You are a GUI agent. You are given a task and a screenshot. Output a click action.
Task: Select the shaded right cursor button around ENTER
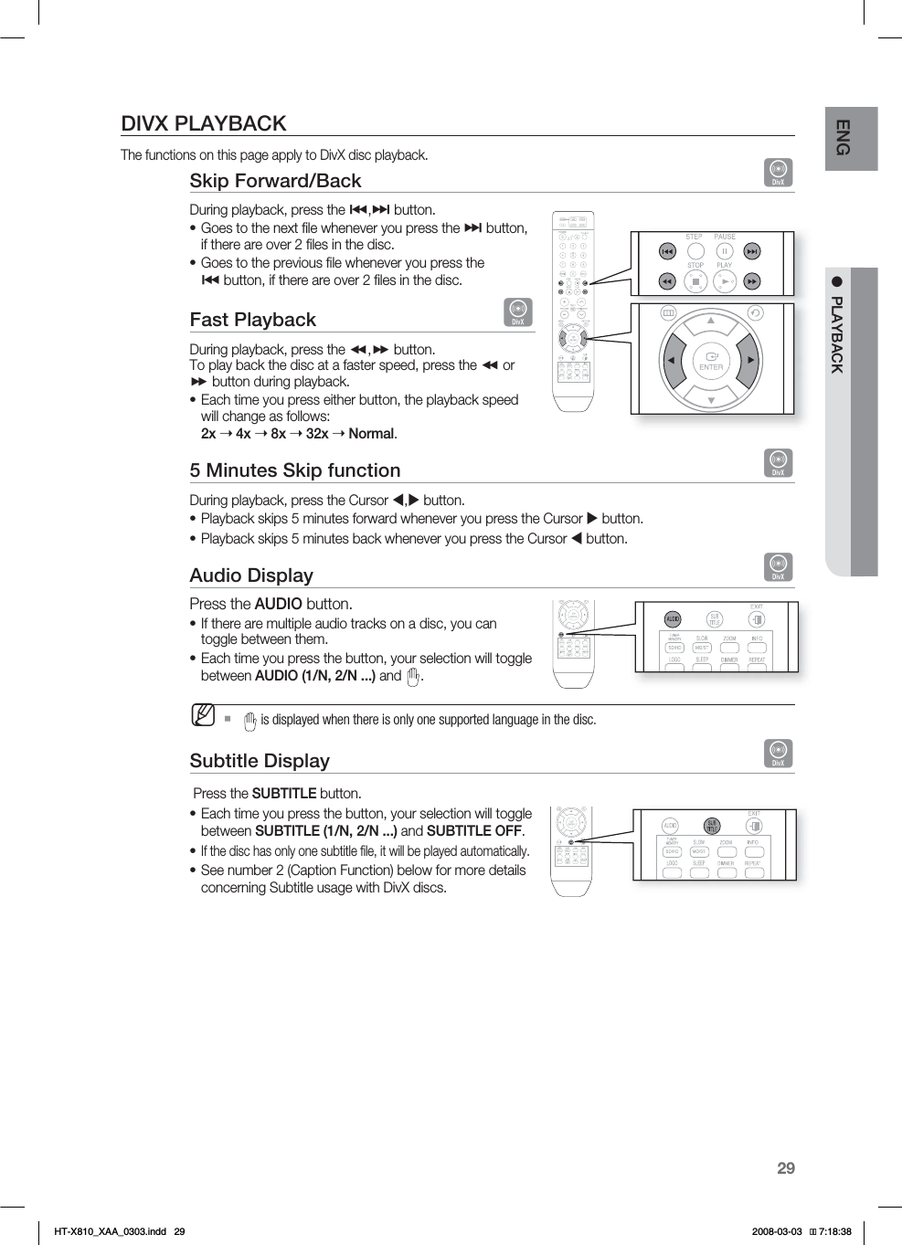(x=749, y=360)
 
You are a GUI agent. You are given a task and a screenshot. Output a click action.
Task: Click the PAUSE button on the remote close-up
(x=724, y=251)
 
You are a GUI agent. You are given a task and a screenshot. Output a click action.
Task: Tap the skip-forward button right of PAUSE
(x=752, y=251)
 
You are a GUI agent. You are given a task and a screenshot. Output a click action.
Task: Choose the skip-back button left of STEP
(x=667, y=251)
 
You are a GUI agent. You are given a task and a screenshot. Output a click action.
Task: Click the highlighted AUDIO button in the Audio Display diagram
(x=673, y=619)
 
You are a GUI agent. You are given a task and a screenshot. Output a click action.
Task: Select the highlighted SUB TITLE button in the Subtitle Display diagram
(x=712, y=826)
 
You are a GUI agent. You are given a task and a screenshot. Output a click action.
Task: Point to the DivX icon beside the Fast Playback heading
(x=518, y=312)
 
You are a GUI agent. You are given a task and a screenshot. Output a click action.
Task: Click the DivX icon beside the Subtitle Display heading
(x=778, y=754)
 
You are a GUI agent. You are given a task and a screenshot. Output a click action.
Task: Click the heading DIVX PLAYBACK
(x=204, y=123)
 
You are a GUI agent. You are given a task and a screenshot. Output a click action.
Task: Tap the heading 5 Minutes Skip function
(x=295, y=470)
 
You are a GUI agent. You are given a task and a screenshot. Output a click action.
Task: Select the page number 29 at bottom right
(x=786, y=1168)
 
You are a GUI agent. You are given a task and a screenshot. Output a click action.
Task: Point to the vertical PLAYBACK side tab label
(x=837, y=334)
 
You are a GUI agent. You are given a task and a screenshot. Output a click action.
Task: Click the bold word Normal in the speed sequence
(x=372, y=434)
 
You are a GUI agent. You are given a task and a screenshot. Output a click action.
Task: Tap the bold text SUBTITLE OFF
(x=474, y=831)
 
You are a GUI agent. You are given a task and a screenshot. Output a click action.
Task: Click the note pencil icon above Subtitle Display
(x=203, y=714)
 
